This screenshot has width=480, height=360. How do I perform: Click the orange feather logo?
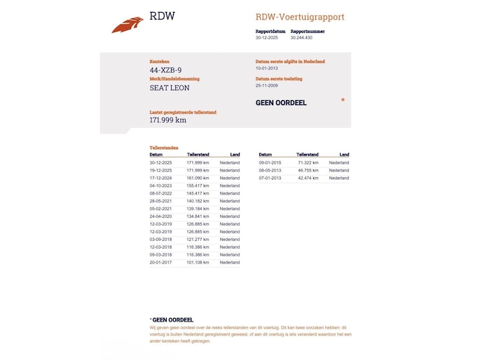128,25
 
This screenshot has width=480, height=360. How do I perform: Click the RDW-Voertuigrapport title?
300,17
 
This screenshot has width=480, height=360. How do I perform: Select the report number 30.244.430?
301,38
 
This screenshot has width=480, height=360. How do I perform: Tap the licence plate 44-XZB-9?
165,70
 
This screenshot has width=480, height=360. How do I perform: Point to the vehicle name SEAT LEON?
170,88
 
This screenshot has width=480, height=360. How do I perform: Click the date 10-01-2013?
267,69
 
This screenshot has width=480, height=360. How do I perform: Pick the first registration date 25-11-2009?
267,85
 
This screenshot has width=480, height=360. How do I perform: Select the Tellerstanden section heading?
164,148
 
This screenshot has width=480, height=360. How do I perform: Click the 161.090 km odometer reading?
198,178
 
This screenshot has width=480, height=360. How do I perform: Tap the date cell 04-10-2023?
160,186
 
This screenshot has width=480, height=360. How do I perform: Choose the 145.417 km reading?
198,193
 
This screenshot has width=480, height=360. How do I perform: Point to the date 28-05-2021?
160,201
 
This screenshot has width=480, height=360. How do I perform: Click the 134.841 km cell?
198,216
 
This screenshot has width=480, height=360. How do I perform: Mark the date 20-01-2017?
160,263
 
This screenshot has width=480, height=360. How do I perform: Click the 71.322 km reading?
308,162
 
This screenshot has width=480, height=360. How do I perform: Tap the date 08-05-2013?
270,170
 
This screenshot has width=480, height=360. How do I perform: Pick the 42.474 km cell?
308,178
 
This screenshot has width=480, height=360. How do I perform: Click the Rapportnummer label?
307,32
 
